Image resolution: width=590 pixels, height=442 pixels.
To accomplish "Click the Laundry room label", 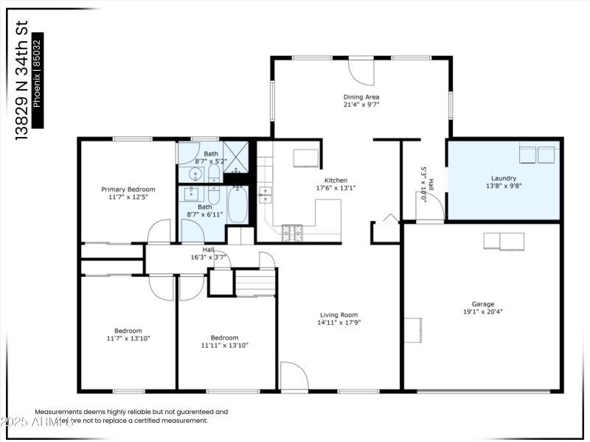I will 504,178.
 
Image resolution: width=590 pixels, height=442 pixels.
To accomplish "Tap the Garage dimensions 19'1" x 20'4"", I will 483,312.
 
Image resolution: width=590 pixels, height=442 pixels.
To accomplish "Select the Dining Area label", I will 361,97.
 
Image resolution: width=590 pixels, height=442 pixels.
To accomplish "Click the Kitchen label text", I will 336,180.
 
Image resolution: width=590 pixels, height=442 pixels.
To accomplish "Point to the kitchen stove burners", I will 293,232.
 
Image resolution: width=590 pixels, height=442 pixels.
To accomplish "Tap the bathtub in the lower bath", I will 238,205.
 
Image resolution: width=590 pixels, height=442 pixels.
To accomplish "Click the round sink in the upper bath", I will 195,174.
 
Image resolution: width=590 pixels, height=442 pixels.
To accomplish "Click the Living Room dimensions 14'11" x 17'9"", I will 339,322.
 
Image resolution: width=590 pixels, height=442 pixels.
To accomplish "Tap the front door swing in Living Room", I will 294,376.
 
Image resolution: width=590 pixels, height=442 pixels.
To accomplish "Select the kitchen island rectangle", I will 305,158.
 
